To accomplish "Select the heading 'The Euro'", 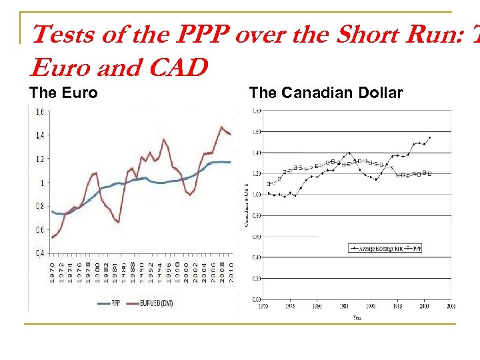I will [x=64, y=93].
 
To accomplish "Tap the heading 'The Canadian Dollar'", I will [x=325, y=93].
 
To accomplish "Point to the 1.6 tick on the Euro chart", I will [x=39, y=112].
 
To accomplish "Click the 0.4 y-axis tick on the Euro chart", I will [x=39, y=253].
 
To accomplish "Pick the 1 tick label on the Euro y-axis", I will [x=43, y=183].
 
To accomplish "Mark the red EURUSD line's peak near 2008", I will [x=221, y=127].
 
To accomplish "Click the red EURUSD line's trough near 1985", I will [x=118, y=221].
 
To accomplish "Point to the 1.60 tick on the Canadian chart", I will [x=257, y=132].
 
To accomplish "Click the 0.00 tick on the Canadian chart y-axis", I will [x=257, y=299].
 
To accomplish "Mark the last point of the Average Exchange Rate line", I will [x=430, y=137].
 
